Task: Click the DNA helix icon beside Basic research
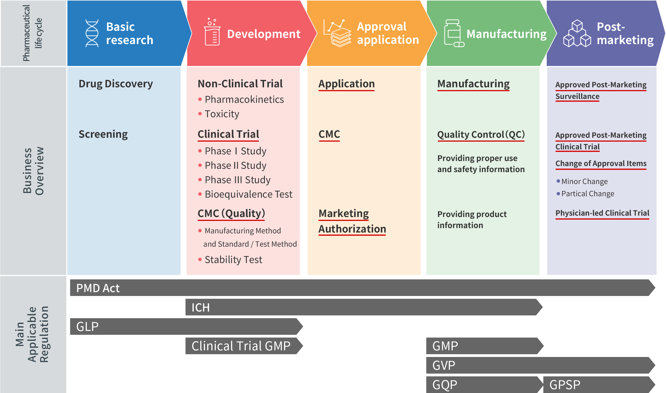(92, 33)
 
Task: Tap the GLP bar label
(87, 327)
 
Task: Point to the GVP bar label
(444, 366)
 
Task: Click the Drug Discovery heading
(116, 84)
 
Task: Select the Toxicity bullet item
(219, 114)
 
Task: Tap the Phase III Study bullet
(234, 180)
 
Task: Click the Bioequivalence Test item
(245, 194)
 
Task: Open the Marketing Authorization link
(352, 221)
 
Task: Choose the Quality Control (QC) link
(481, 135)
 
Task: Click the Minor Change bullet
(582, 182)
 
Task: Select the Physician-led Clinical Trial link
(602, 213)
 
